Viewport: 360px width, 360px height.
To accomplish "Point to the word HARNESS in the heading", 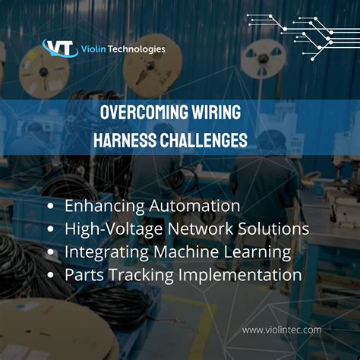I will (125, 141).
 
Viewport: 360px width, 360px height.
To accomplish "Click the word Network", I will (205, 229).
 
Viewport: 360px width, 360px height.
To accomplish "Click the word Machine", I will (185, 251).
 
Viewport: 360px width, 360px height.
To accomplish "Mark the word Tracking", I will (137, 275).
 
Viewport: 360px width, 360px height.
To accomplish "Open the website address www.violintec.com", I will (282, 329).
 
